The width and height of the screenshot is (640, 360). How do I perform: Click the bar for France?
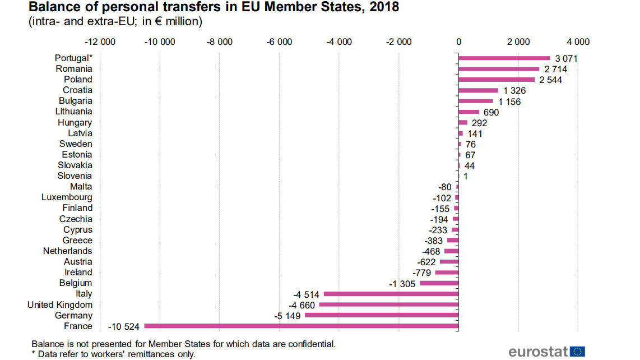(x=301, y=326)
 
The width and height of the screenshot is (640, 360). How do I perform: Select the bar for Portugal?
(x=504, y=58)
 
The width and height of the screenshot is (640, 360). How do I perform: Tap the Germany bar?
(x=381, y=315)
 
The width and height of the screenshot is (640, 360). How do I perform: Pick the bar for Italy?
(x=391, y=293)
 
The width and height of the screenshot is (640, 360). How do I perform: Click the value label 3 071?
(x=566, y=58)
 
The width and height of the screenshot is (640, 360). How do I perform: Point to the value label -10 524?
(x=123, y=326)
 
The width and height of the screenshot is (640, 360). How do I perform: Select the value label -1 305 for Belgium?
(x=402, y=284)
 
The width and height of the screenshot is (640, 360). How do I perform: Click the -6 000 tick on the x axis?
(x=279, y=41)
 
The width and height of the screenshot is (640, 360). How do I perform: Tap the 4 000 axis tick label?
(x=578, y=41)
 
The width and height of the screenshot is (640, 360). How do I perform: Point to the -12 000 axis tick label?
(x=100, y=41)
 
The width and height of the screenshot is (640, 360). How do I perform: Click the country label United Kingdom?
(x=60, y=304)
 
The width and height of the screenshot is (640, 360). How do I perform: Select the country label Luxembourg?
(x=67, y=197)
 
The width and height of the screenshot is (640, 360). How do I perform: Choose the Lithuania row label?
(x=73, y=112)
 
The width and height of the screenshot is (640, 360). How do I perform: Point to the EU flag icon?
(x=578, y=352)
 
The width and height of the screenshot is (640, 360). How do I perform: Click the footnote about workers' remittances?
(x=114, y=354)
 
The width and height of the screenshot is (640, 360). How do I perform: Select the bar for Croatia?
(x=478, y=90)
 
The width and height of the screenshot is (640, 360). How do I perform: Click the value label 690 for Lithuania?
(x=491, y=112)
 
